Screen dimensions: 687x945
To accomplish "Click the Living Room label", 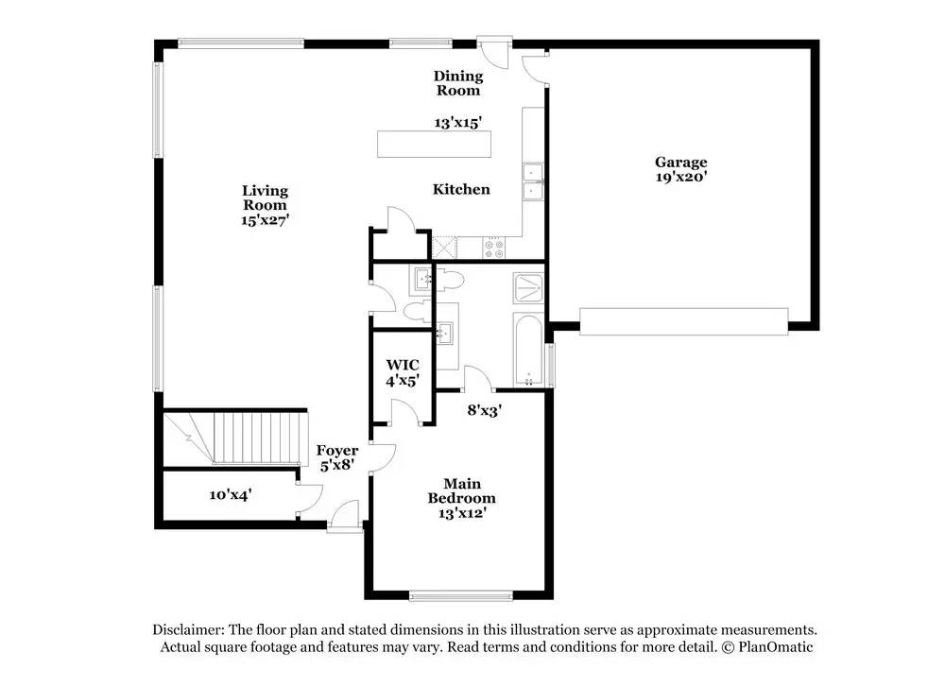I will pyautogui.click(x=264, y=198).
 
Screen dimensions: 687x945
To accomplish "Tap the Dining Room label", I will pyautogui.click(x=458, y=83).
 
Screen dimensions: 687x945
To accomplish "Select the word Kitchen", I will pyautogui.click(x=461, y=189).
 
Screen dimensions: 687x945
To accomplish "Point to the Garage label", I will pyautogui.click(x=681, y=163).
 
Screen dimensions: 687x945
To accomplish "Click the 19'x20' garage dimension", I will pyautogui.click(x=681, y=176).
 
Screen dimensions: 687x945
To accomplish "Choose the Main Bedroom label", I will pyautogui.click(x=461, y=491).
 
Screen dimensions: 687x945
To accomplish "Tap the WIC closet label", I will pyautogui.click(x=403, y=365).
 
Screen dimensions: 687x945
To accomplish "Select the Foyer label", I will pyautogui.click(x=336, y=451).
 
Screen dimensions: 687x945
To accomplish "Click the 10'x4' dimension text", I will pyautogui.click(x=230, y=494).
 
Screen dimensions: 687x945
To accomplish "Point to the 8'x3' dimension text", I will pyautogui.click(x=485, y=410).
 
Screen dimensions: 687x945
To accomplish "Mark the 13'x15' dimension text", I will pyautogui.click(x=458, y=123).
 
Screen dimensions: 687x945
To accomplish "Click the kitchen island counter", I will pyautogui.click(x=435, y=145).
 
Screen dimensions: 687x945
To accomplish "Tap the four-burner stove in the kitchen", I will pyautogui.click(x=494, y=248).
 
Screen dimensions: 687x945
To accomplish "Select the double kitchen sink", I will pyautogui.click(x=534, y=181).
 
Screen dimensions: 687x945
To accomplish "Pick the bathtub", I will pyautogui.click(x=528, y=350).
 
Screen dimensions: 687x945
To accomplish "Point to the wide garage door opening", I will pyautogui.click(x=683, y=321).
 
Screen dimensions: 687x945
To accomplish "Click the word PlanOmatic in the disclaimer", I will pyautogui.click(x=775, y=647).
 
